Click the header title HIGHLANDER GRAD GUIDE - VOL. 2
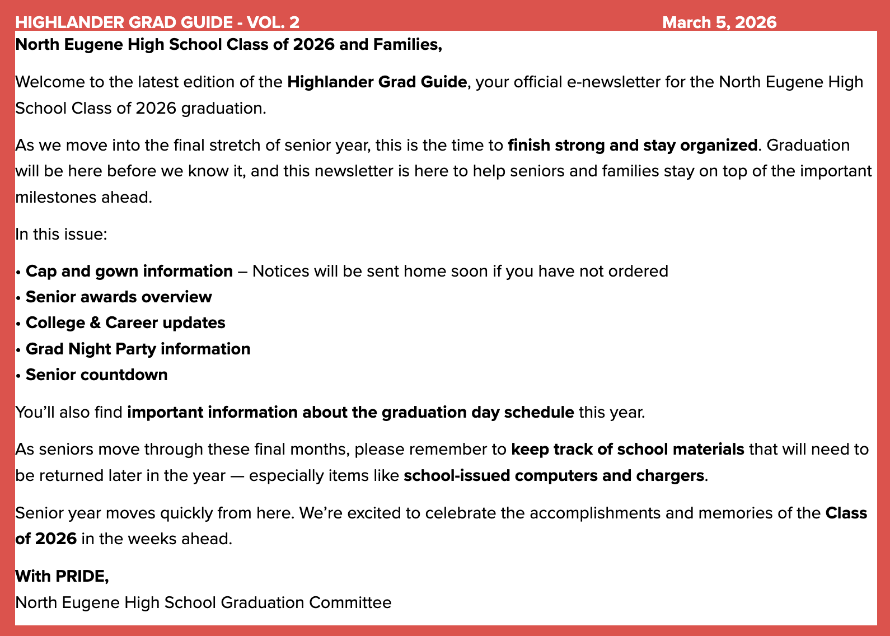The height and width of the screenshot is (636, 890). tap(157, 22)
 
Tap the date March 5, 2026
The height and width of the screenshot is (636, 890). tap(719, 22)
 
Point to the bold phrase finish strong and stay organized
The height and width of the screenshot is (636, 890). tap(633, 146)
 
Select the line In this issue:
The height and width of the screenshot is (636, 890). tap(61, 234)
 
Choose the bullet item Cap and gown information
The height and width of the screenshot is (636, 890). tap(129, 272)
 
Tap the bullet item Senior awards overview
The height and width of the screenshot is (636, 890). tap(119, 297)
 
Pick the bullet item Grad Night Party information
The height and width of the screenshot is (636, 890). tap(138, 349)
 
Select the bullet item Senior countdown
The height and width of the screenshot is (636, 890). tap(96, 375)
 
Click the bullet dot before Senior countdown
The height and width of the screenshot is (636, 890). tap(18, 375)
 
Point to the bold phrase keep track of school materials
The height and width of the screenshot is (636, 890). tap(627, 450)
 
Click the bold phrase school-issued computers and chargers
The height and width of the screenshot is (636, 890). tap(554, 476)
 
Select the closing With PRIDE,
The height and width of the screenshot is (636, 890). tap(62, 576)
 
